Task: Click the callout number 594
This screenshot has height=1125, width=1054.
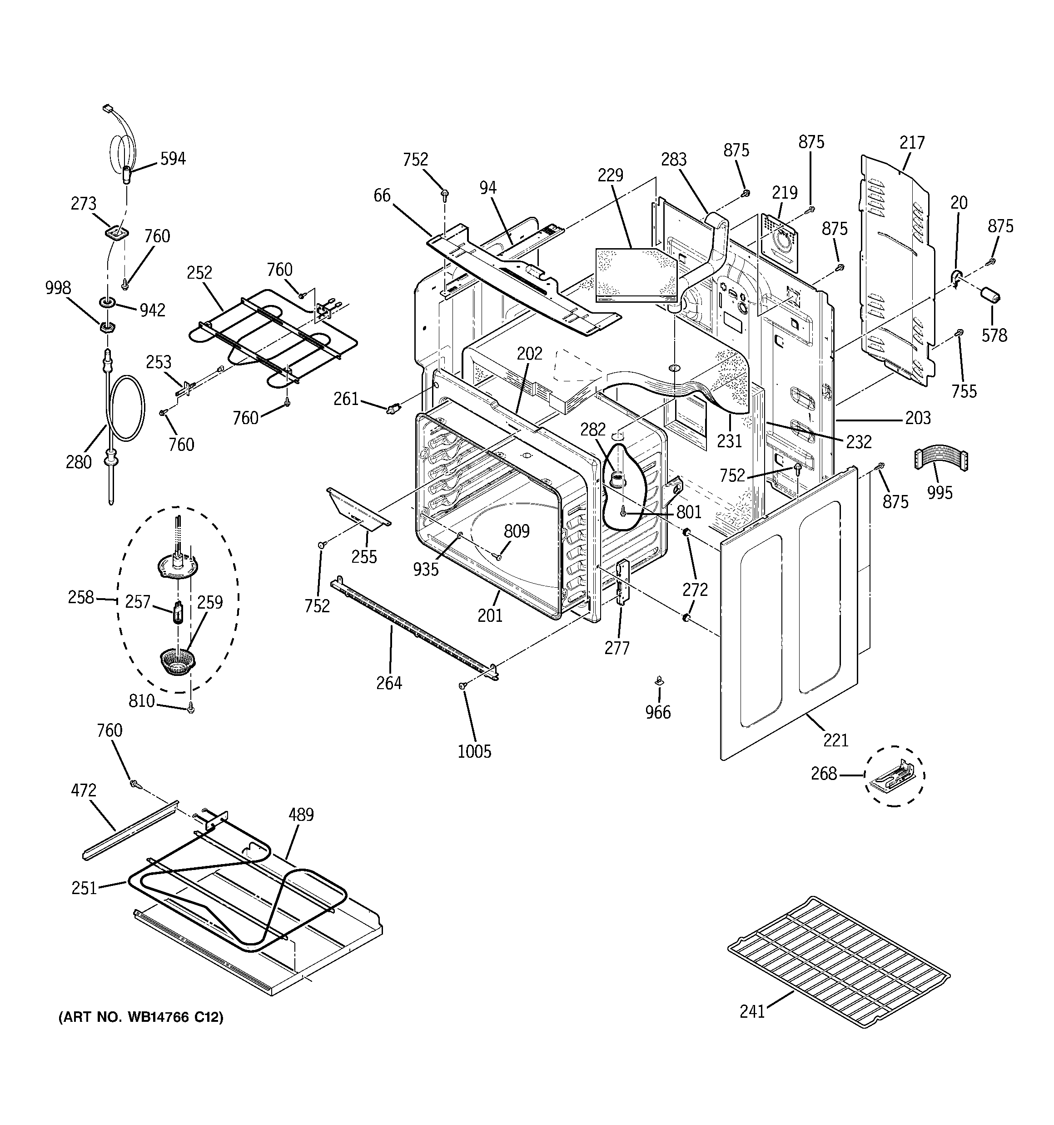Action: coord(173,159)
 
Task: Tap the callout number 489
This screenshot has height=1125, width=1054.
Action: coord(301,815)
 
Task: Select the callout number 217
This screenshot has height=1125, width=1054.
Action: coord(911,143)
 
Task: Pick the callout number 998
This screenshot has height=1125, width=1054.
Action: coord(58,288)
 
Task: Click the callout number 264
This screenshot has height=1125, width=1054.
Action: coord(389,683)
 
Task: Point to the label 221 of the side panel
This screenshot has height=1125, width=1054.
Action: coord(835,740)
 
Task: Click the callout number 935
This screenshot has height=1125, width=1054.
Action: coord(425,569)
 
